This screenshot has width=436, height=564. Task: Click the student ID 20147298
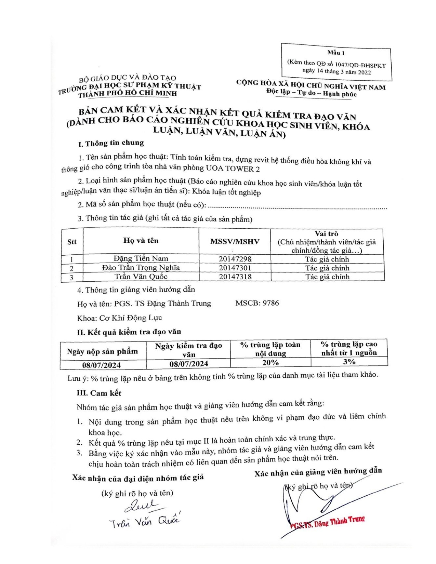(235, 259)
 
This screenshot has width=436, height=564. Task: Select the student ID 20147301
(235, 268)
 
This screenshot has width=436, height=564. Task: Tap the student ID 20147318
(235, 277)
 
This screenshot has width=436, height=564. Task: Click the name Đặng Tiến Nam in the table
(141, 258)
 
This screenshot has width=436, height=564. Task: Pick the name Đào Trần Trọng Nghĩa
(141, 268)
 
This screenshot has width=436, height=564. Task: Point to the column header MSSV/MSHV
(235, 242)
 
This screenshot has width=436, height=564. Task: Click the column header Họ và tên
(141, 241)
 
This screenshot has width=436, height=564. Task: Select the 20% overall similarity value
(270, 362)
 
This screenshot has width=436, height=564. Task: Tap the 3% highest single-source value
(349, 361)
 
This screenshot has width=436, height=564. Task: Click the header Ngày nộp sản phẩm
(103, 351)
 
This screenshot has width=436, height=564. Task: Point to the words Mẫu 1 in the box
(336, 53)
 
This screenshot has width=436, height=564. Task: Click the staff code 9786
(270, 303)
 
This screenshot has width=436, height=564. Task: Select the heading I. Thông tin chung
(111, 143)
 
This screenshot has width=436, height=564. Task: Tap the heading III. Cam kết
(99, 393)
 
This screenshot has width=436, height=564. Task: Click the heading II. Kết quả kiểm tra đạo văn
(129, 332)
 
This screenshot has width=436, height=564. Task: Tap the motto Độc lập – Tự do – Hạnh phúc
(311, 93)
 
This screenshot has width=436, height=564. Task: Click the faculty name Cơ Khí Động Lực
(130, 318)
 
